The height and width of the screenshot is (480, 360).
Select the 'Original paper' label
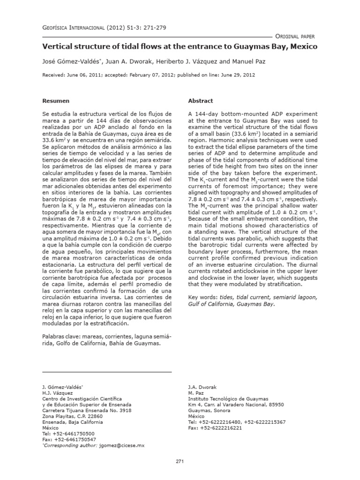(295, 36)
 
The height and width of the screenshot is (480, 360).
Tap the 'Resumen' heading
(56, 101)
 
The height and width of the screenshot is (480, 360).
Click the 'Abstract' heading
(200, 101)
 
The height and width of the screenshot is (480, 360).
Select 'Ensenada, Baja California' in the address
(72, 422)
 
